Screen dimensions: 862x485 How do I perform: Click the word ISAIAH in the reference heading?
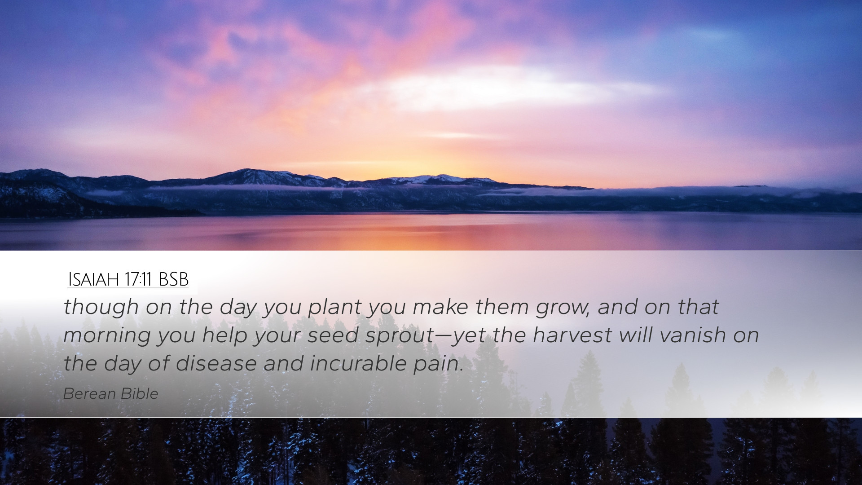93,279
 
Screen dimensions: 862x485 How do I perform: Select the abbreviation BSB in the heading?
174,279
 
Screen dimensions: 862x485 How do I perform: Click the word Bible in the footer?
140,394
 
